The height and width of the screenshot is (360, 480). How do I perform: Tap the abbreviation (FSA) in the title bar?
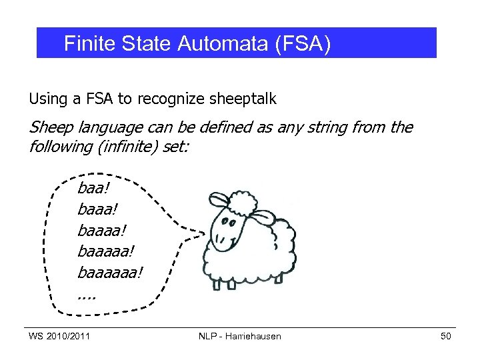297,44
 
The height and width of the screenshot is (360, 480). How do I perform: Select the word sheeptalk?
243,99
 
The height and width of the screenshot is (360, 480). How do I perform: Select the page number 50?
445,336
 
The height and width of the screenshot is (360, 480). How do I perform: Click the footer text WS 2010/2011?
59,336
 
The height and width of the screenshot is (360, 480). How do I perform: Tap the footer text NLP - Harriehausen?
240,336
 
